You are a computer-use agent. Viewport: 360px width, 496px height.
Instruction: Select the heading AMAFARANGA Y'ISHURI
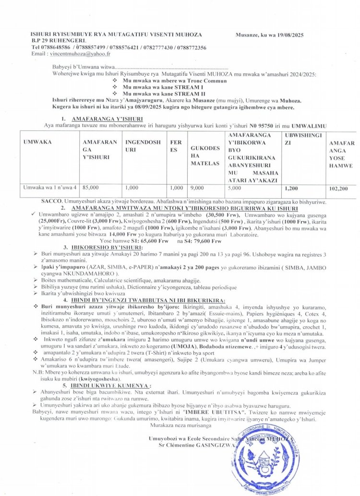[100, 118]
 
